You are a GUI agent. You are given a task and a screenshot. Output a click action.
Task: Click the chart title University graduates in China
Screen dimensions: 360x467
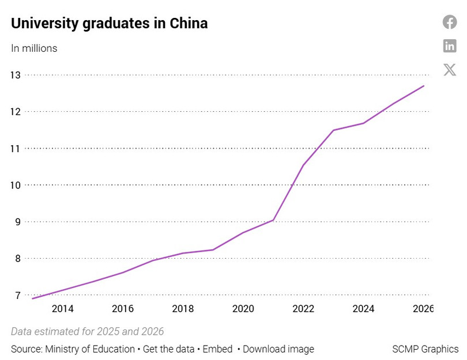click(x=110, y=24)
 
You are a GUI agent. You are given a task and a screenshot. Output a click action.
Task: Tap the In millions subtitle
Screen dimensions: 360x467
click(x=34, y=48)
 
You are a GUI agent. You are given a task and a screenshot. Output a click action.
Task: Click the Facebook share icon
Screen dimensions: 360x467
click(x=450, y=22)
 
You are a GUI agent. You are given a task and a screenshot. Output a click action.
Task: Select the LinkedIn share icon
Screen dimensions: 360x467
click(x=450, y=46)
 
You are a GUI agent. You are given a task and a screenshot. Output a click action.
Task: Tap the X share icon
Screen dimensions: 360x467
click(x=450, y=70)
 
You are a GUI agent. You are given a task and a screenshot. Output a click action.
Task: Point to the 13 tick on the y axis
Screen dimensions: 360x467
click(x=15, y=75)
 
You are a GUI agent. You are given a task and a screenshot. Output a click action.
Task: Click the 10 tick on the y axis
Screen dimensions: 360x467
click(x=15, y=185)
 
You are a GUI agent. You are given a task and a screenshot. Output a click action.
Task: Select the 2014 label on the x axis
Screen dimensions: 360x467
click(x=62, y=309)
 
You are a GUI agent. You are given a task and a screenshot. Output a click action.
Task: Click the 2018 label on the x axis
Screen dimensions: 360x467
click(x=183, y=309)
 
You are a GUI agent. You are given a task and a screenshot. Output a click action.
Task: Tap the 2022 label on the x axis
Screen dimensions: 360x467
click(x=303, y=309)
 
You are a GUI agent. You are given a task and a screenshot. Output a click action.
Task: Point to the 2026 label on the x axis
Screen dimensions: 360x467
click(x=422, y=309)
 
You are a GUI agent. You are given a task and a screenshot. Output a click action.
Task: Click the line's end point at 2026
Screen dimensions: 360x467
click(x=424, y=86)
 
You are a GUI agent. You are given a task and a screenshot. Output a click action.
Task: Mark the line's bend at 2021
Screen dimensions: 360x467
click(x=273, y=220)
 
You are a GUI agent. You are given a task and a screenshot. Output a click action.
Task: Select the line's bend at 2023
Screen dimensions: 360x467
click(x=334, y=130)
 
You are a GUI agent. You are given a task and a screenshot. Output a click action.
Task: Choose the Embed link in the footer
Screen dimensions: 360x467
click(x=217, y=349)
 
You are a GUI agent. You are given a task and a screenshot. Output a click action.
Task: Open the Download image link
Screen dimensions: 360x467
click(x=278, y=349)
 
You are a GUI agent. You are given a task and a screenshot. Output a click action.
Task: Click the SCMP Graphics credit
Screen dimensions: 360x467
click(x=425, y=349)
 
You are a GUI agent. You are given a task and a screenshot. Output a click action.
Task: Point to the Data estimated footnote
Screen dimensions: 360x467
click(x=88, y=331)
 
